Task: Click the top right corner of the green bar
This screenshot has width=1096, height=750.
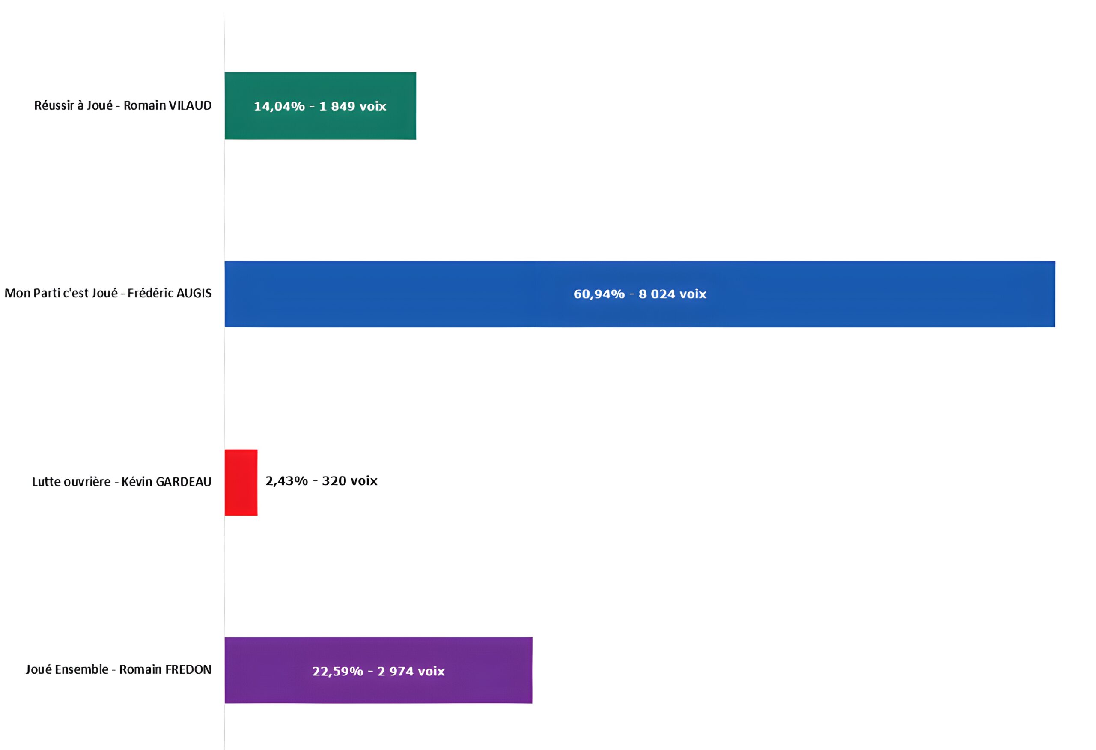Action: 416,72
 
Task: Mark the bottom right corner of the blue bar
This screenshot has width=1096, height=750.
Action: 1055,327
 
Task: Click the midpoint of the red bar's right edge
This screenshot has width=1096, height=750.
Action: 257,483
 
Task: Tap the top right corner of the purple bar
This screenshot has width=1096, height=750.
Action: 533,637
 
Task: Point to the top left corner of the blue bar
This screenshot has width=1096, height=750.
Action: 225,261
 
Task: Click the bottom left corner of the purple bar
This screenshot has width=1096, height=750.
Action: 225,703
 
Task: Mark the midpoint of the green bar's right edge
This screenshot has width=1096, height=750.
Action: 416,106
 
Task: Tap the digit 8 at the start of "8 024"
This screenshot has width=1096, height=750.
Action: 642,294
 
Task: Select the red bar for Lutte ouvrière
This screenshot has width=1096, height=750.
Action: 241,483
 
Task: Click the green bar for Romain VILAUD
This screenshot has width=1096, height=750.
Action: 320,106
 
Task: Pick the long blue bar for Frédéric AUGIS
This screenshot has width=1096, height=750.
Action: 640,294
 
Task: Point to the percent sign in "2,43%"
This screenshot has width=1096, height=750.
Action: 301,481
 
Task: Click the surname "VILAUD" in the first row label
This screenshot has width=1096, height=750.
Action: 190,105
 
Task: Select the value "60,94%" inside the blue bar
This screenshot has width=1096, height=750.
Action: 599,294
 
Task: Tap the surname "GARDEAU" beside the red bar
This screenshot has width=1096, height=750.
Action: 184,482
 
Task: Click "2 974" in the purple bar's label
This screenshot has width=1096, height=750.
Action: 394,671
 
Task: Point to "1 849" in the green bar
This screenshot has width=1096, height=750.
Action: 337,106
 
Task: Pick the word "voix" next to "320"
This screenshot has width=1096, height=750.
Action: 363,481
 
